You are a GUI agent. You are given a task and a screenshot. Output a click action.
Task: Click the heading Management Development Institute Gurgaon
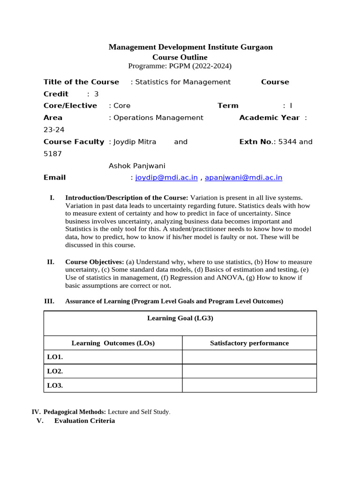(x=190, y=47)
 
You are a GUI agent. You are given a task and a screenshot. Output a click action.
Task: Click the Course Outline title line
(x=180, y=57)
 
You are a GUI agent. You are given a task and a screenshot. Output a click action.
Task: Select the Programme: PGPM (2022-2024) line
(x=180, y=66)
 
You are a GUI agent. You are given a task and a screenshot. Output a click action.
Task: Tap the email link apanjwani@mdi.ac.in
(x=244, y=178)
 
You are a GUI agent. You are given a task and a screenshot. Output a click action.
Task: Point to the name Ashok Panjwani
(x=137, y=166)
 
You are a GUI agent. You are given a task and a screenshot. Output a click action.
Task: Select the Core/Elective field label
(x=70, y=106)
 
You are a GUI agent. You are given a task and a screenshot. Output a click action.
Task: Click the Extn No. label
(x=256, y=142)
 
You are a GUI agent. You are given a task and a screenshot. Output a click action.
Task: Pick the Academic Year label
(x=269, y=118)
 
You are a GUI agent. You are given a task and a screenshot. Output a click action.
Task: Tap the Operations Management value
(x=158, y=118)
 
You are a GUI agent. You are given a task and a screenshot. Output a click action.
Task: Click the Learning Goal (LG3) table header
(x=180, y=318)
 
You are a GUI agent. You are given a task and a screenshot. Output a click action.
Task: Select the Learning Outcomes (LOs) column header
(x=113, y=343)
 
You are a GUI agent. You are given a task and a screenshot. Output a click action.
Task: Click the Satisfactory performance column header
(x=249, y=343)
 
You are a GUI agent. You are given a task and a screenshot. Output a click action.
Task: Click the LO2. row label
(x=55, y=371)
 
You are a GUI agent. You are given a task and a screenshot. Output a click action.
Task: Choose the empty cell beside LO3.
(x=249, y=385)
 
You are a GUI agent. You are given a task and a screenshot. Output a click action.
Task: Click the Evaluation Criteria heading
(x=84, y=421)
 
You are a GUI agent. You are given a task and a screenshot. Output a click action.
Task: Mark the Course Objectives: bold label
(x=95, y=262)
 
